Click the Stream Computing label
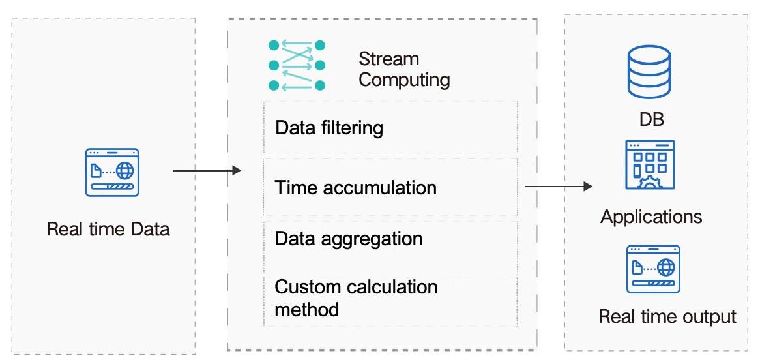point(404,69)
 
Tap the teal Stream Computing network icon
point(297,65)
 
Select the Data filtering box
point(390,128)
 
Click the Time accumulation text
point(355,188)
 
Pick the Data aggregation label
point(349,239)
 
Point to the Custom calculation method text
point(356,297)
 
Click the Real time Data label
point(109,229)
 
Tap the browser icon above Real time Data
point(112,172)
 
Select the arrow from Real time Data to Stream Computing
point(207,170)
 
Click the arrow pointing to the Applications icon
point(559,186)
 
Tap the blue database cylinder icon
point(649,71)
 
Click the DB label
point(651,119)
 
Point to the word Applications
point(651,217)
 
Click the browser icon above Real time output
point(653,269)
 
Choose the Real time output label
point(667,316)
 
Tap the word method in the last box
point(306,309)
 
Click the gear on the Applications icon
point(649,183)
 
